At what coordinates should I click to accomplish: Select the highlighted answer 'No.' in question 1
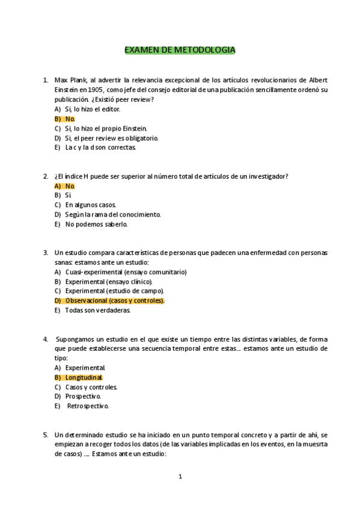[x=70, y=119]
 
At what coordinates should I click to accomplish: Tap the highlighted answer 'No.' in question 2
[x=70, y=186]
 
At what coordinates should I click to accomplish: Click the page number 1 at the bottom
[x=180, y=477]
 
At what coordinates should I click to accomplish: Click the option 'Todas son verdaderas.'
[x=97, y=310]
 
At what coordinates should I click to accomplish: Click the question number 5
[x=46, y=435]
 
